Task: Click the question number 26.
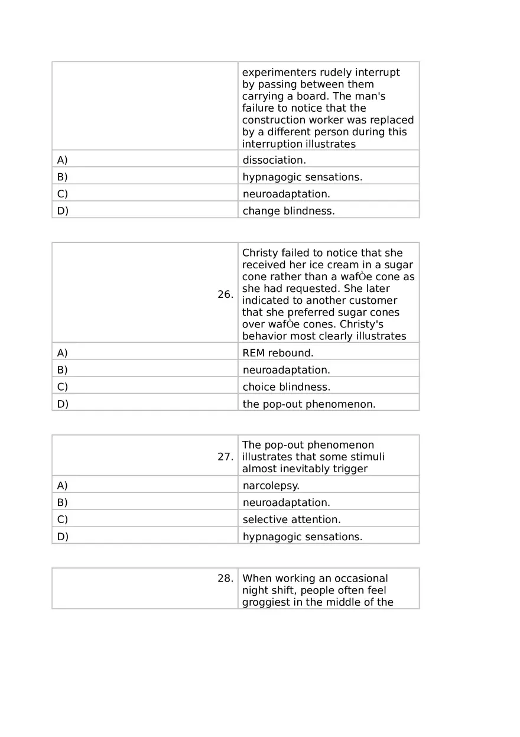[225, 294]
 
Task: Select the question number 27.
[225, 457]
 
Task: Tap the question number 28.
[225, 579]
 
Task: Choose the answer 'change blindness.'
[288, 211]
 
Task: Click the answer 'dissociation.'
[274, 160]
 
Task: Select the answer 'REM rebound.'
[278, 353]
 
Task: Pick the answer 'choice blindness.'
[286, 387]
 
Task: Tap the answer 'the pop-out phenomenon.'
[308, 404]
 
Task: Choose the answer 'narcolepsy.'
[271, 486]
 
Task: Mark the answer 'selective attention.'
[291, 520]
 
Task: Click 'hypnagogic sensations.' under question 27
[302, 537]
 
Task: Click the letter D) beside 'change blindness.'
[63, 211]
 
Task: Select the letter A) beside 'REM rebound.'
[63, 353]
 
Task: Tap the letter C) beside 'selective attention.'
[63, 520]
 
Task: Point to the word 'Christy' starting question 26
[259, 253]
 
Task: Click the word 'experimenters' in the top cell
[279, 73]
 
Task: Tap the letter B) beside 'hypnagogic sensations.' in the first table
[63, 177]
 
